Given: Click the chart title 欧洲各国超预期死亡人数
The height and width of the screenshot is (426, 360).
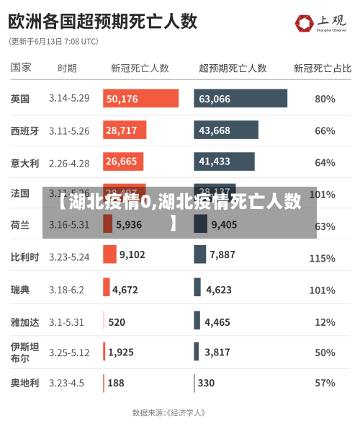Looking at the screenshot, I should [103, 20].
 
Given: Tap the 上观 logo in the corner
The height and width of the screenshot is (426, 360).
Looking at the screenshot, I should [321, 24].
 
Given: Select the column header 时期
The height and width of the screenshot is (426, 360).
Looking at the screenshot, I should [67, 68].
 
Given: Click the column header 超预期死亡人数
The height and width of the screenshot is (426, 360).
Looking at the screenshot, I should [233, 68].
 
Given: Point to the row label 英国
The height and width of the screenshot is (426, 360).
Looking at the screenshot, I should [20, 99].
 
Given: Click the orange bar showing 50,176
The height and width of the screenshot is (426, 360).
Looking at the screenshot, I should [140, 99].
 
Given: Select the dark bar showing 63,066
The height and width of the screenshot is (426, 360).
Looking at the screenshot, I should [240, 99].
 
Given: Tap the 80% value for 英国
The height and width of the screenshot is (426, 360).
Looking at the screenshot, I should [325, 99].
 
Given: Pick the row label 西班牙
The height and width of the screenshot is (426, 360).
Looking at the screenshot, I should [24, 130].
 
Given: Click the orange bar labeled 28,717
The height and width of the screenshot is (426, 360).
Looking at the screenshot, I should [125, 130].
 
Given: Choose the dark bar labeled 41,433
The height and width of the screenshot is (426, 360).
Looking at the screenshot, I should [224, 161].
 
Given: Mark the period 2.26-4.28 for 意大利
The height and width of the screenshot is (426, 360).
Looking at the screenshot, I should [69, 163].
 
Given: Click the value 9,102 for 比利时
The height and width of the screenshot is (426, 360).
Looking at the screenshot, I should [132, 254].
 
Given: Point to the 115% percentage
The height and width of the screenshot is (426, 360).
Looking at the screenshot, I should [322, 258].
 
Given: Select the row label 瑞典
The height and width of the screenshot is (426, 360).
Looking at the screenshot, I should [20, 290].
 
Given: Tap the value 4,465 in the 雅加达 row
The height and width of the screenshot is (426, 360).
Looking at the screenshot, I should [217, 322].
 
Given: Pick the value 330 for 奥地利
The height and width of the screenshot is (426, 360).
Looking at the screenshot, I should [206, 383].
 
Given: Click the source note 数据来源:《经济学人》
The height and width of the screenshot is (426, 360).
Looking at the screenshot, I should [169, 413].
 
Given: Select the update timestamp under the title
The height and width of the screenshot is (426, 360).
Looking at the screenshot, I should [53, 42].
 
